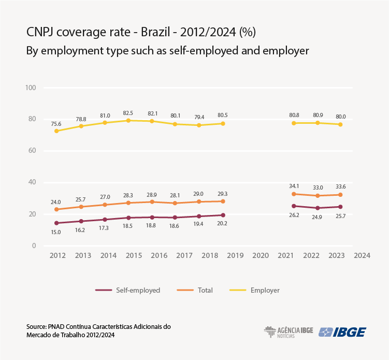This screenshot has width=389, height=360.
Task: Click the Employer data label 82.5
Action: point(128,112)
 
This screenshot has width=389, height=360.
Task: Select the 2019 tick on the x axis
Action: point(236,256)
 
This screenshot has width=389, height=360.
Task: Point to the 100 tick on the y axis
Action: point(30,88)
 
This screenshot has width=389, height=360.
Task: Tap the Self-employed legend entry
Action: point(127,290)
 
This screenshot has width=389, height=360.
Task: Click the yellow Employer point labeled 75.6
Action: point(56,131)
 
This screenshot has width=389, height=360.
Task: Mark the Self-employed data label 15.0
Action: point(55,233)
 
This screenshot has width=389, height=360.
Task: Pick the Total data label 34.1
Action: point(294,186)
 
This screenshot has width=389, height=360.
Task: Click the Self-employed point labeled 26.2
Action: point(294,206)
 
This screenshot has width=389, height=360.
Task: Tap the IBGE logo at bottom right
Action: point(342,332)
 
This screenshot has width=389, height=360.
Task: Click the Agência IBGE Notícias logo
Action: point(289,332)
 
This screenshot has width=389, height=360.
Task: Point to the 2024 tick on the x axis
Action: point(362,256)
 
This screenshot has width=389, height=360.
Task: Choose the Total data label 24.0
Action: point(55,202)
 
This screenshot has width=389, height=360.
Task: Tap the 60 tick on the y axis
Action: point(31,151)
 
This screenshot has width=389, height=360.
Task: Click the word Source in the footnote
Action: point(36,327)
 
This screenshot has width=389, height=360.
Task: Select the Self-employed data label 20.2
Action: point(223,224)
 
